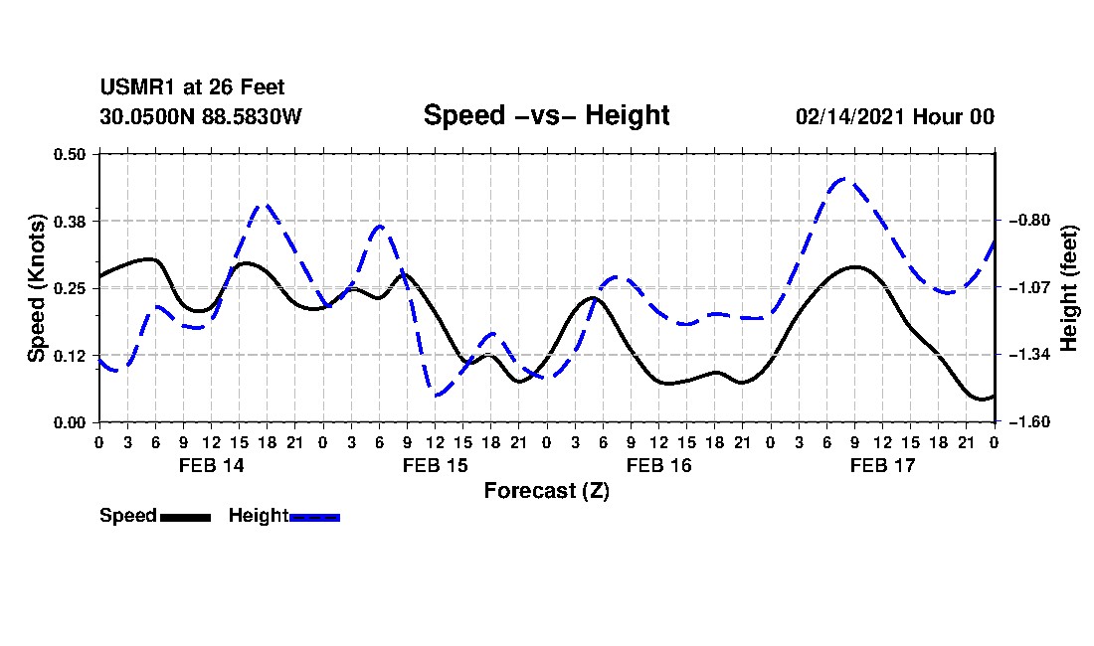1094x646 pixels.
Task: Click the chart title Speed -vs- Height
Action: [x=546, y=115]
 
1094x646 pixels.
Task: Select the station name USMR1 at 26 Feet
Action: [x=192, y=87]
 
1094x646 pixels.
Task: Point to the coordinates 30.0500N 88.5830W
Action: [x=200, y=116]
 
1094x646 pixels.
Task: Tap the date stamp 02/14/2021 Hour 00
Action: [x=895, y=116]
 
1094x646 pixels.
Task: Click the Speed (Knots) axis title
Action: [x=36, y=288]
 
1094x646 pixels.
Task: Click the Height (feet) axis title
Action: [x=1068, y=288]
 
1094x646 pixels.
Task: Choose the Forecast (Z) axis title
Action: [x=546, y=491]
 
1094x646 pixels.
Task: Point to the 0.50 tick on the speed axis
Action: [x=70, y=154]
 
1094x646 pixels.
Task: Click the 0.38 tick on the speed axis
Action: [x=70, y=222]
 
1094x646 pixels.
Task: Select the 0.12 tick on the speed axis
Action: [x=70, y=356]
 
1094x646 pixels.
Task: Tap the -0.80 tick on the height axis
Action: [x=1029, y=221]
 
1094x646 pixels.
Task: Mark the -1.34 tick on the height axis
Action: [x=1029, y=355]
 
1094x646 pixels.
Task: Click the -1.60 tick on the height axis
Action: [x=1029, y=421]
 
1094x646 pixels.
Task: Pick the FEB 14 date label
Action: [x=212, y=465]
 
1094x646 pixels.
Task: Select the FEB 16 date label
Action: [x=658, y=465]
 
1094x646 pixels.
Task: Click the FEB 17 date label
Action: [x=882, y=465]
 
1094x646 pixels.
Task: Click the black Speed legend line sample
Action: [x=185, y=517]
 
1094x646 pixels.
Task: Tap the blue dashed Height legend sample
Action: [x=314, y=517]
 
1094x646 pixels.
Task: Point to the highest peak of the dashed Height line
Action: [x=845, y=179]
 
